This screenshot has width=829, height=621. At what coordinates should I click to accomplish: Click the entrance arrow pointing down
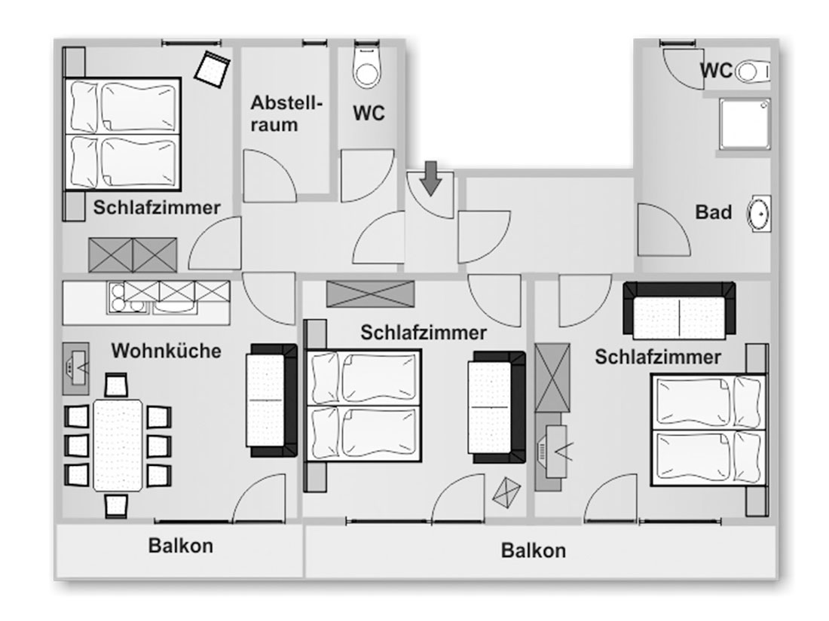coord(431,178)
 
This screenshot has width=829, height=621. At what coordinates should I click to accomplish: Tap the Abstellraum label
coord(286,114)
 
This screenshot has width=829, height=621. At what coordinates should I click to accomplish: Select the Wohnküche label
coord(166,351)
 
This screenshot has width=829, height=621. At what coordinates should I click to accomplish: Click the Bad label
coord(713,212)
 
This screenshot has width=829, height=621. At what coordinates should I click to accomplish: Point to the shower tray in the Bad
coord(744,123)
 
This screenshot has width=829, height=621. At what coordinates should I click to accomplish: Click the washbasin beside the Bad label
coord(759,214)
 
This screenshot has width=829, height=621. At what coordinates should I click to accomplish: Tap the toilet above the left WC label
coord(367,65)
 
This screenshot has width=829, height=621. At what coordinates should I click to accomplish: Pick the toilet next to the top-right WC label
coord(754,72)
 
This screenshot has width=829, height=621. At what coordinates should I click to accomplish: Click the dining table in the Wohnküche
coord(118,446)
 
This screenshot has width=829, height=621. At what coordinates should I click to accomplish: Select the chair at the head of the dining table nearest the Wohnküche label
coord(116,385)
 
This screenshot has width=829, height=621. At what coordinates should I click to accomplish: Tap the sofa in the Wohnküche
coord(272,400)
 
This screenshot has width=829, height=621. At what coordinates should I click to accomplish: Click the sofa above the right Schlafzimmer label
coord(679,310)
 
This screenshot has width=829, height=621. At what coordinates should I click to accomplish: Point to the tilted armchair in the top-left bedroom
coord(213,68)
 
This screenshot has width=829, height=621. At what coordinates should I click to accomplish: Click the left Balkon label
coord(181,546)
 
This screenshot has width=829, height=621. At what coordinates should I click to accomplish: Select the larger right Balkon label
coord(534,550)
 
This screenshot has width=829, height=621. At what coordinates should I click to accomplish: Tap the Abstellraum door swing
coord(270,175)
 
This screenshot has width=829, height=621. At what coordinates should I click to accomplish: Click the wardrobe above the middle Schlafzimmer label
coord(370,294)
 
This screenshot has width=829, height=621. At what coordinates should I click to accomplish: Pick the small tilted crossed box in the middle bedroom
coord(506,493)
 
